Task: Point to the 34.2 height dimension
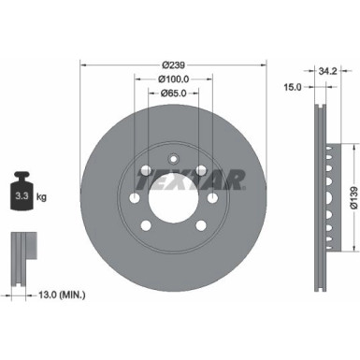(325, 69)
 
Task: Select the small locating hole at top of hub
(173, 155)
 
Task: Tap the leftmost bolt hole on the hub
(134, 197)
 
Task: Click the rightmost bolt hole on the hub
(212, 197)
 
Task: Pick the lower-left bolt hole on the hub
(146, 224)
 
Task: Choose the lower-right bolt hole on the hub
(200, 224)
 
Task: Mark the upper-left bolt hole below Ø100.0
(146, 170)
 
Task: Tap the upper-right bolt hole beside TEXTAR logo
(200, 170)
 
